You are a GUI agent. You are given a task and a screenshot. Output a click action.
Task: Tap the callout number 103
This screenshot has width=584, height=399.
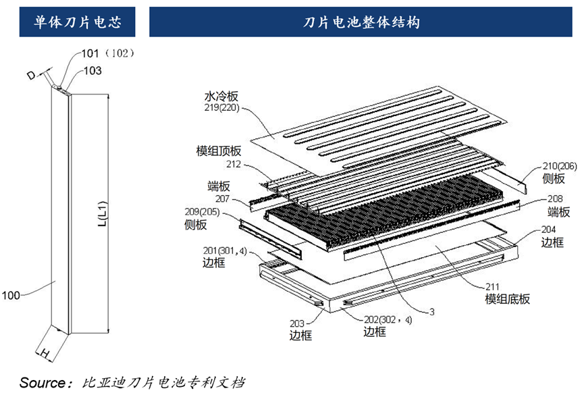92,70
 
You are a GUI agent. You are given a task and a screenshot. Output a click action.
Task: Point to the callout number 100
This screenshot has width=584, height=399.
12,295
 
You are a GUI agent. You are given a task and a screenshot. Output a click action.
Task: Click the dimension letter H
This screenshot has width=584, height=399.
42,353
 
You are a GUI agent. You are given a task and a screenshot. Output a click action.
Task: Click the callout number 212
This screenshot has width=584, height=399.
234,163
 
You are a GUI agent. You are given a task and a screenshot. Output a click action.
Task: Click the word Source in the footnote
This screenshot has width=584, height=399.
43,383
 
